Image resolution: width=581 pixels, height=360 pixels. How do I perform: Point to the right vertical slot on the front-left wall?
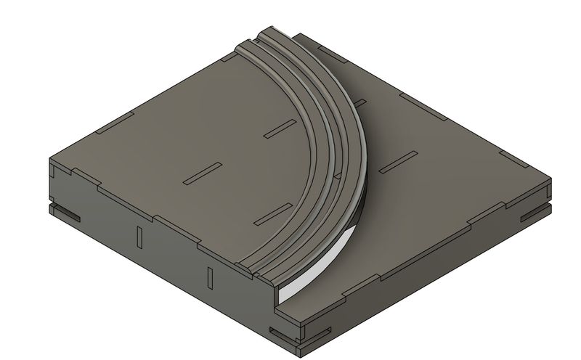(209, 277)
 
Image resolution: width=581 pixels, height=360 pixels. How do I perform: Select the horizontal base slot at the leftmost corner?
(66, 214)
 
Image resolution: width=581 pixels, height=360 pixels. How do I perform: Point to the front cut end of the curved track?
(264, 274)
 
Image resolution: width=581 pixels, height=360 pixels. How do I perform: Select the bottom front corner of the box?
(302, 342)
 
